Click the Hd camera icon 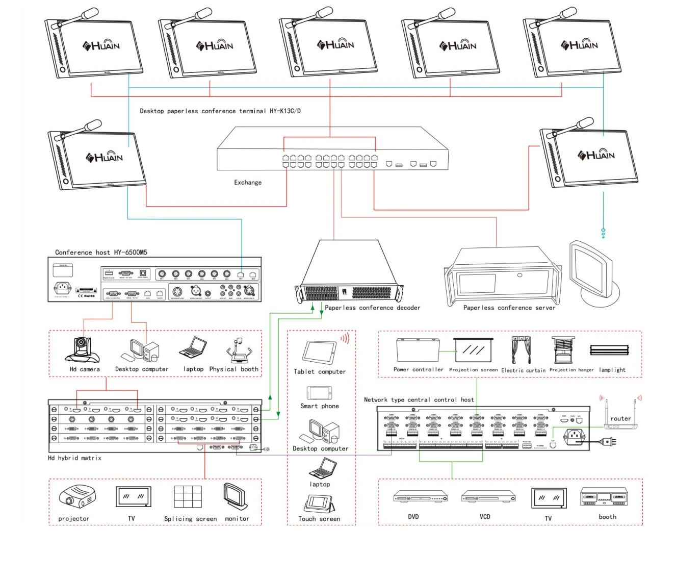[x=82, y=349]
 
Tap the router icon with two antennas [x=620, y=416]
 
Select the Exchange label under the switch [x=248, y=183]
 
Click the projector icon [x=77, y=496]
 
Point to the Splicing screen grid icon [x=187, y=497]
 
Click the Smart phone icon [x=320, y=393]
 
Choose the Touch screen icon [x=320, y=504]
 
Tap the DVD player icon [x=420, y=497]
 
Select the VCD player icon [x=488, y=496]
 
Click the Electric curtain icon [x=521, y=350]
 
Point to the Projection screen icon [x=473, y=350]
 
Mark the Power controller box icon [x=418, y=350]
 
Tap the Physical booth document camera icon [x=238, y=351]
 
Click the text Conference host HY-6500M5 [x=101, y=253]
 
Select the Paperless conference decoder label [x=373, y=308]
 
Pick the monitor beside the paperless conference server [x=593, y=273]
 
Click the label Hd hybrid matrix [x=74, y=458]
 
